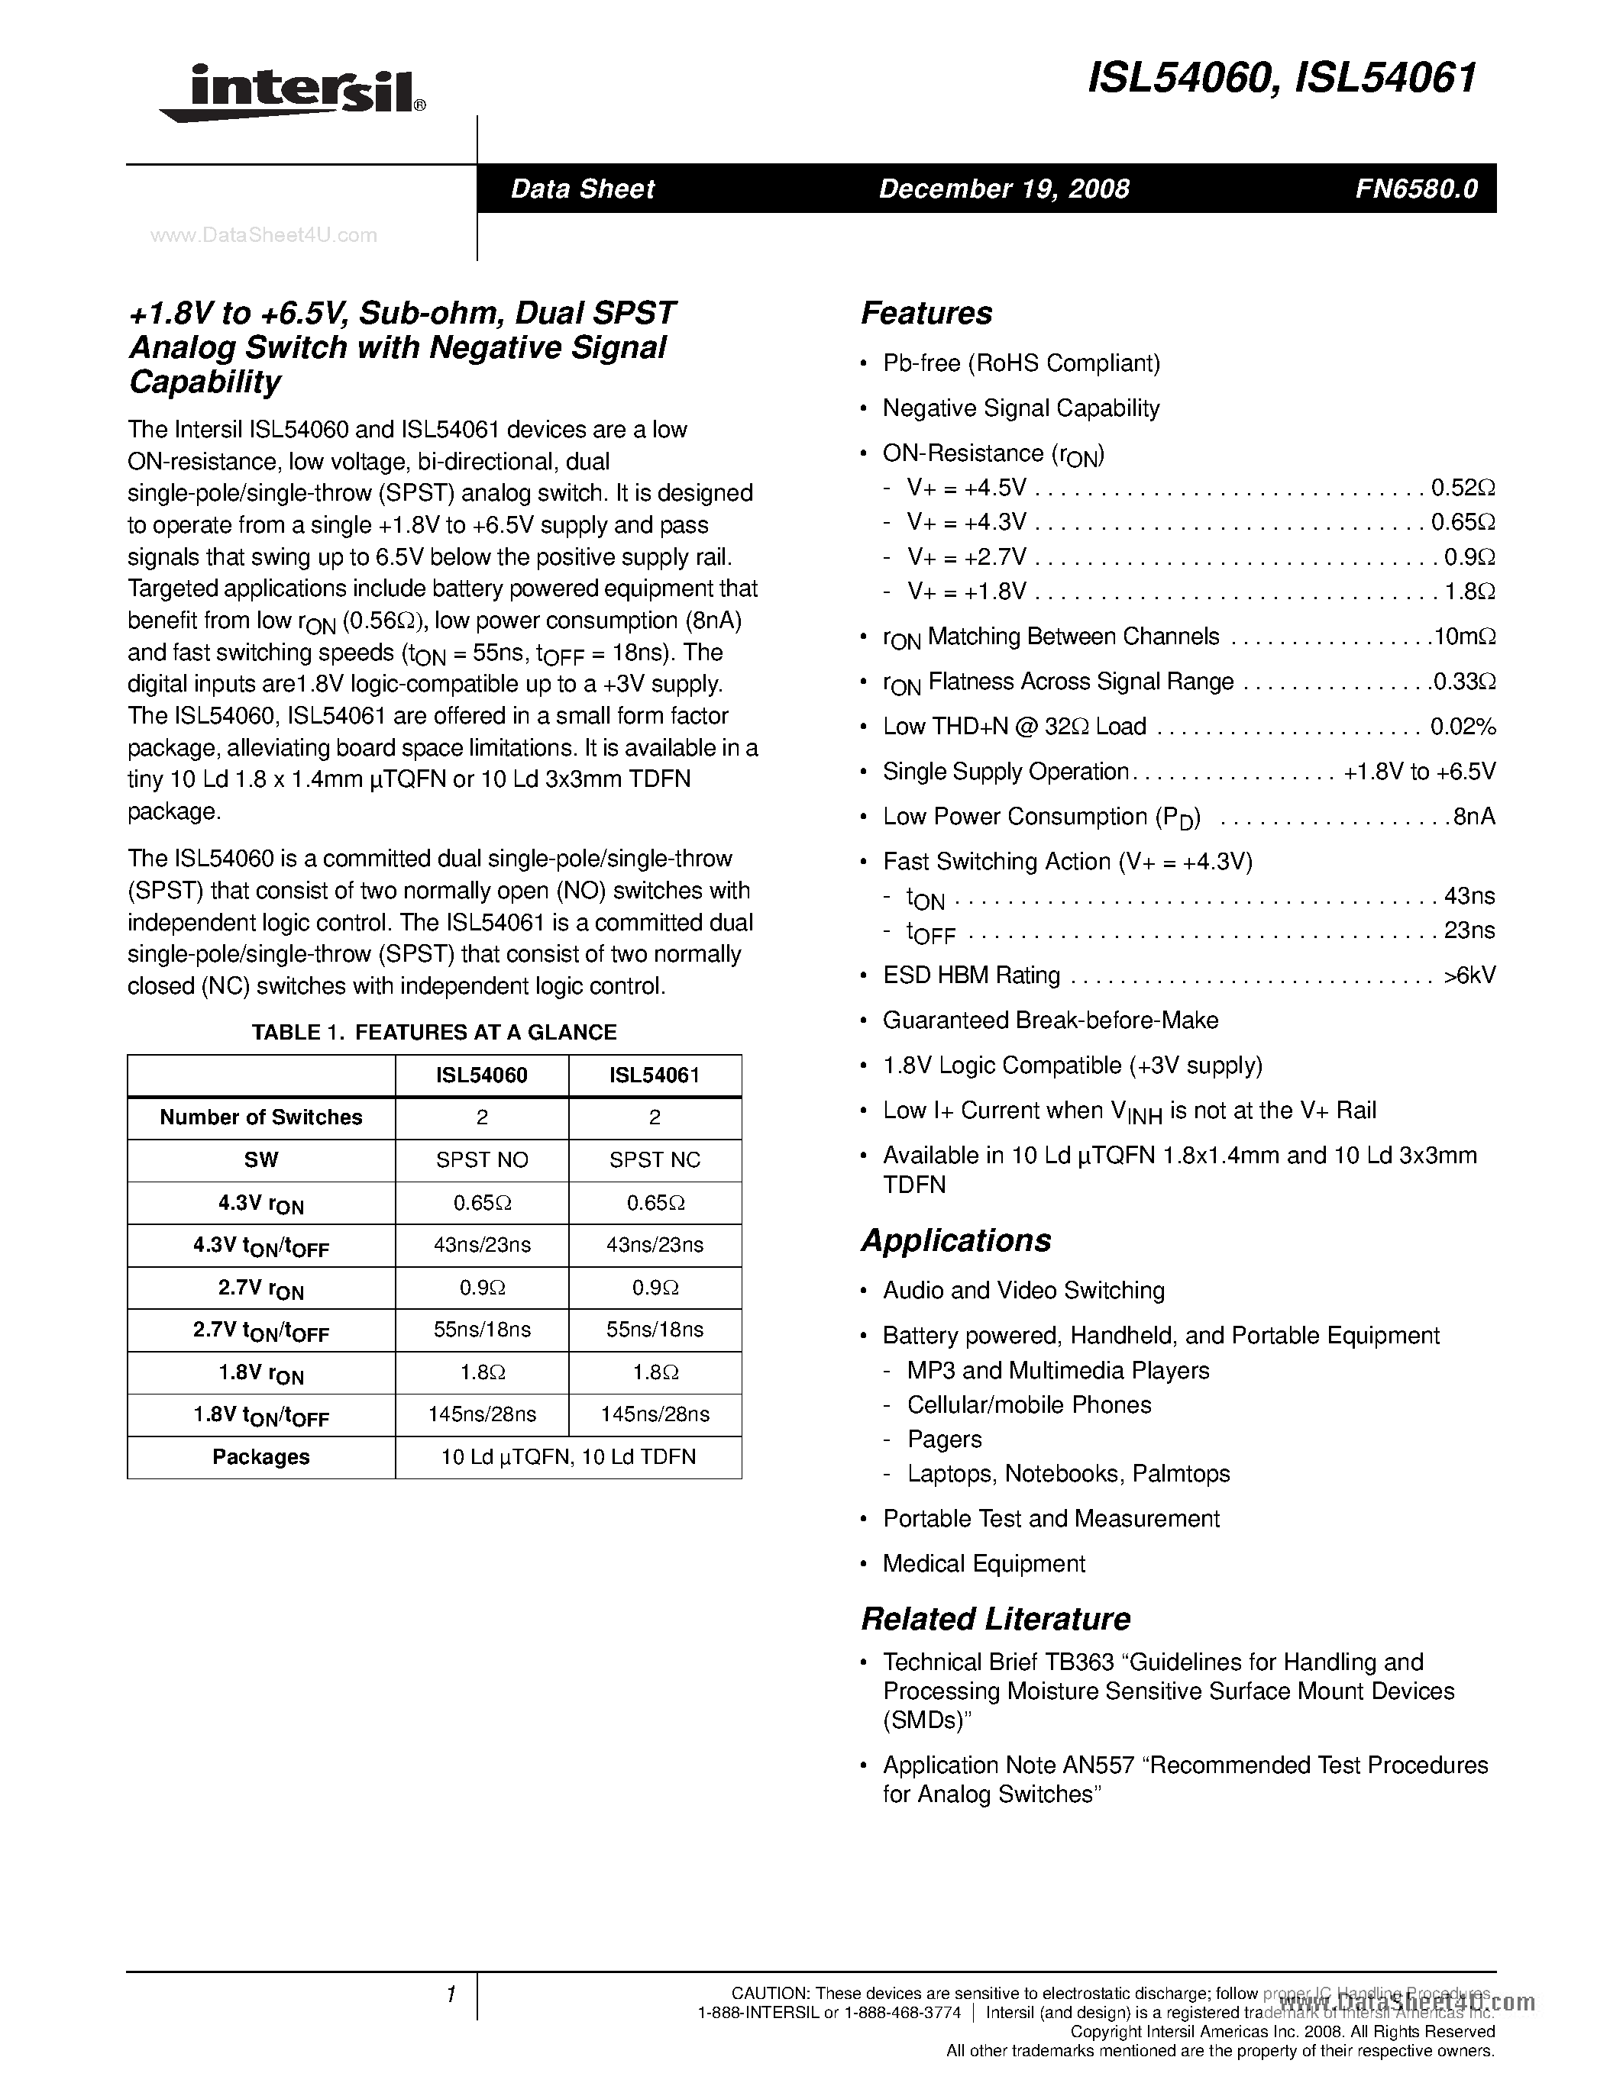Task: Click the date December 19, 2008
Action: pyautogui.click(x=1003, y=189)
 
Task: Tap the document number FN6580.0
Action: pyautogui.click(x=1415, y=189)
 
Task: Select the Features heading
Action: pyautogui.click(x=926, y=313)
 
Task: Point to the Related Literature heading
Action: pyautogui.click(x=994, y=1618)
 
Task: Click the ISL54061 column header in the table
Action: pyautogui.click(x=654, y=1075)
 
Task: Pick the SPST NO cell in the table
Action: pyautogui.click(x=482, y=1160)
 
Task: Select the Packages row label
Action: pyautogui.click(x=260, y=1457)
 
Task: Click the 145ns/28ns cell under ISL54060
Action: pyautogui.click(x=482, y=1414)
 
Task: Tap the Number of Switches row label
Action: pyautogui.click(x=260, y=1117)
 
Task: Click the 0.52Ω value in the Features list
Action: pyautogui.click(x=1462, y=488)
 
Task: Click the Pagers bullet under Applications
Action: pyautogui.click(x=944, y=1439)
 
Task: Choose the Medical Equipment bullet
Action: pyautogui.click(x=984, y=1564)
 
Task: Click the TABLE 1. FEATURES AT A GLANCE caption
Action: pyautogui.click(x=434, y=1032)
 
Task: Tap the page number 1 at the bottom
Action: pyautogui.click(x=450, y=1995)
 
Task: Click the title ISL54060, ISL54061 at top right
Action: pyautogui.click(x=1281, y=79)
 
